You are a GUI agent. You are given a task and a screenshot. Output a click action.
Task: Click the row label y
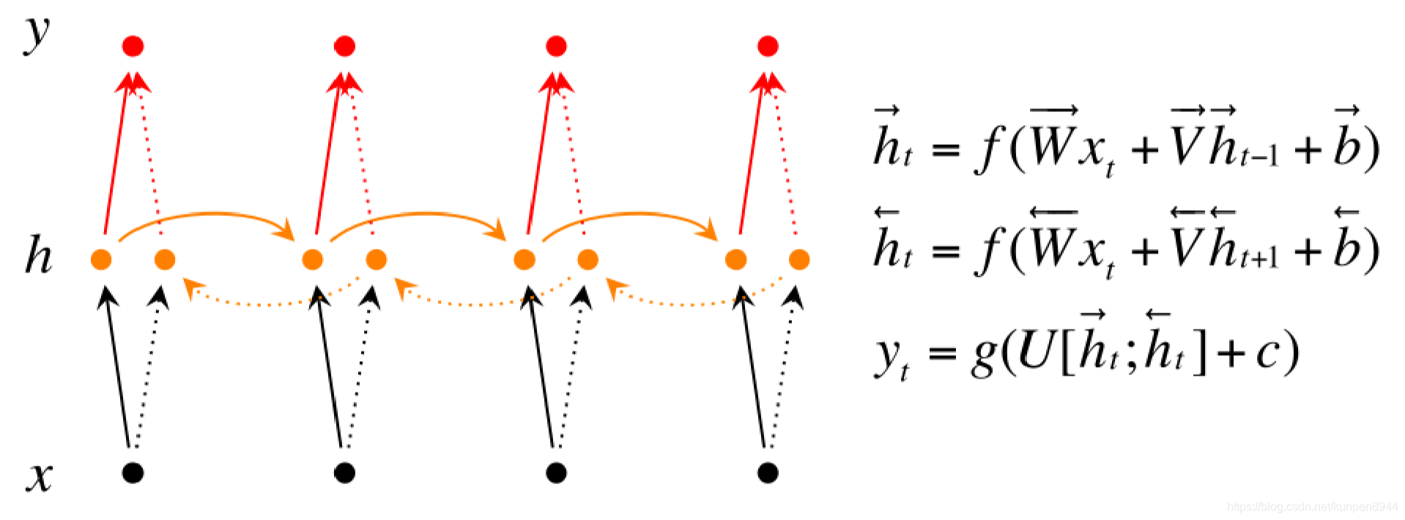tap(37, 35)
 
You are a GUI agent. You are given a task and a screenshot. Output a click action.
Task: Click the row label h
tap(39, 256)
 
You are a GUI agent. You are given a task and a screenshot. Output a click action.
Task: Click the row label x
tap(40, 477)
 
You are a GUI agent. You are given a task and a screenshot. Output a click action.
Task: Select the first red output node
tap(133, 46)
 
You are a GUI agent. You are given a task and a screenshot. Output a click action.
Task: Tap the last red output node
tap(768, 46)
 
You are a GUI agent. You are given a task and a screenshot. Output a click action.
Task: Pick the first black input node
tap(133, 472)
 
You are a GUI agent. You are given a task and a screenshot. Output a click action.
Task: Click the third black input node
tap(556, 472)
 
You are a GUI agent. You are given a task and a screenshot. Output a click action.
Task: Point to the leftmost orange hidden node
tap(101, 259)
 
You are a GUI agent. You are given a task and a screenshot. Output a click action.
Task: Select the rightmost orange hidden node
tap(799, 259)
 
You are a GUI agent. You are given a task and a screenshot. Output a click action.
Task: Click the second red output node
tap(344, 46)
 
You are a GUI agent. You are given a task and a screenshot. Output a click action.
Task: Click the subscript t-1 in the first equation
tap(1260, 155)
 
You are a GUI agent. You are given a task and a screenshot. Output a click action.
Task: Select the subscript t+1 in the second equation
tap(1260, 257)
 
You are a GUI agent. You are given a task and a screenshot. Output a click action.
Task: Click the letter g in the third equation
tap(984, 357)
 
